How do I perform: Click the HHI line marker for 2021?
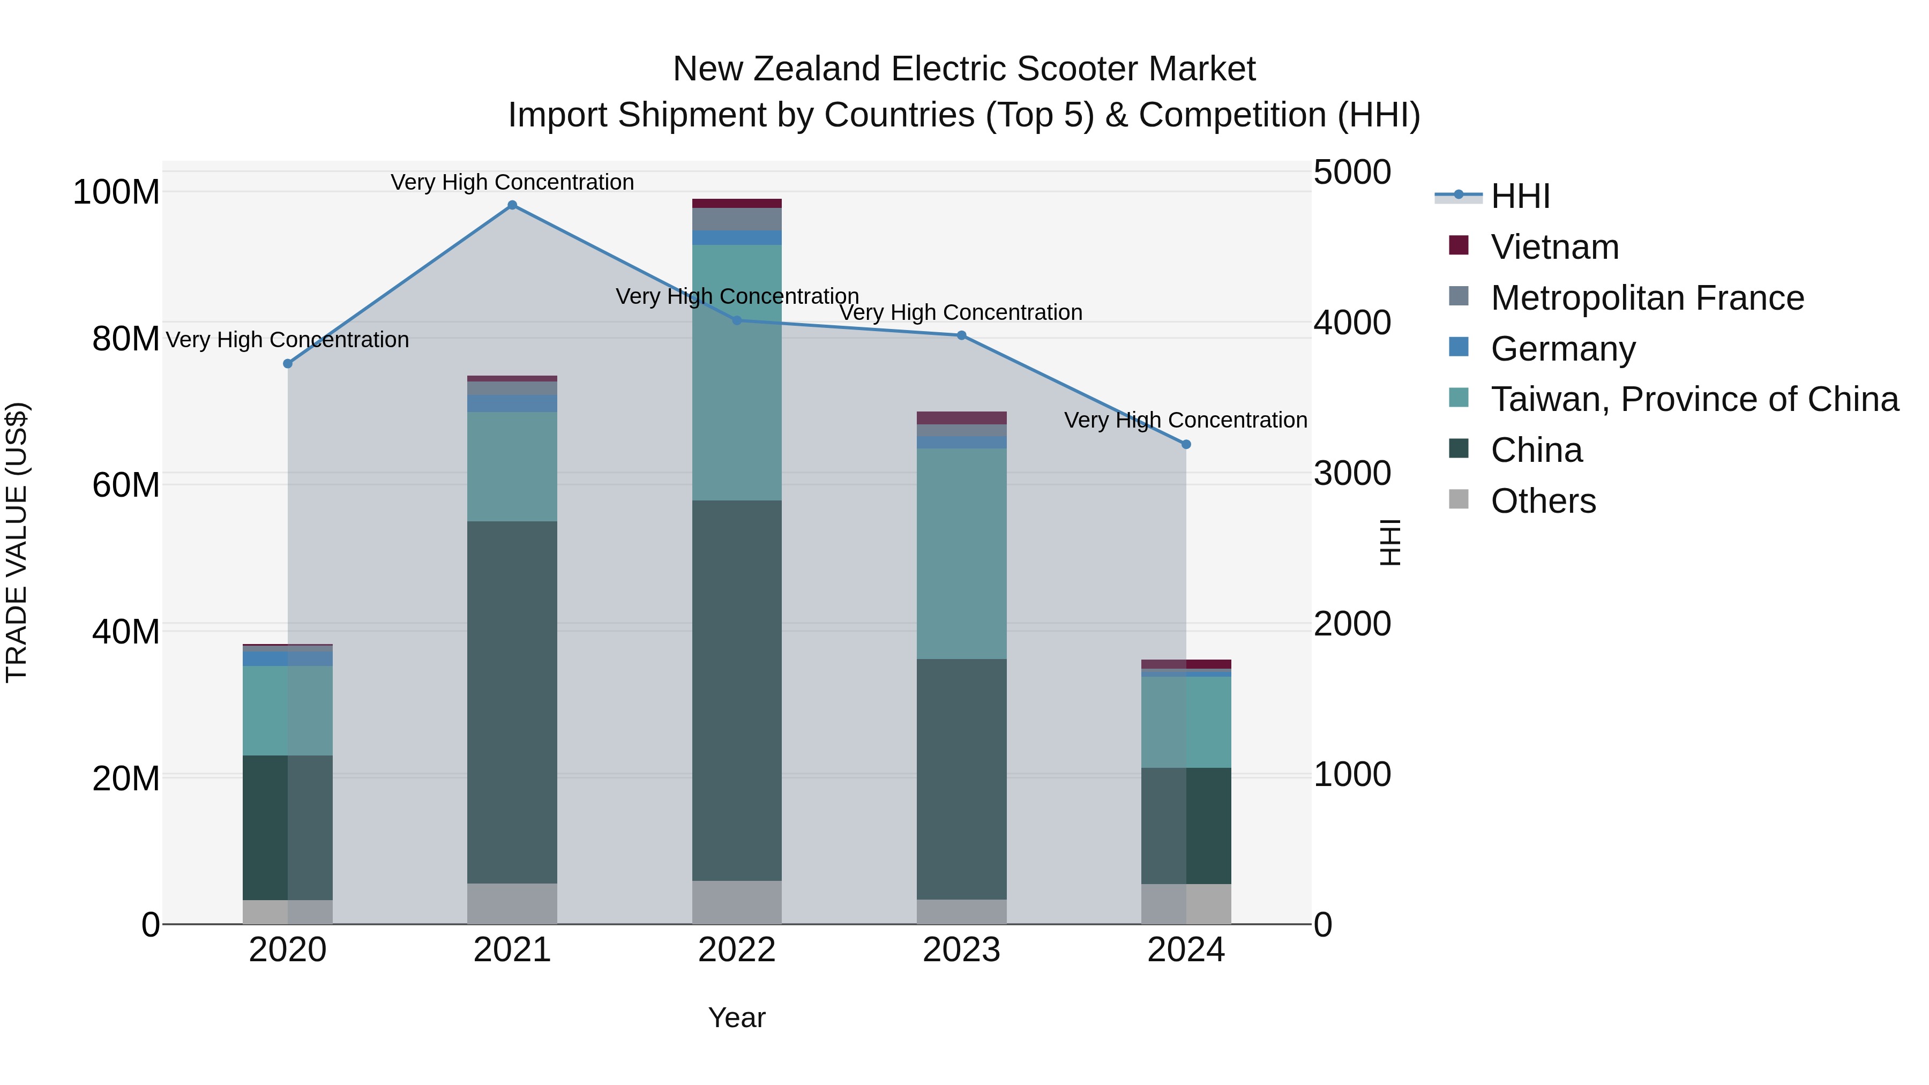512,205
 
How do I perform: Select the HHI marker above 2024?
1186,445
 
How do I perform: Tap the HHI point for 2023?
961,335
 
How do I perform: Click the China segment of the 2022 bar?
737,689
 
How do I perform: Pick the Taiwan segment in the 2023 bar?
961,554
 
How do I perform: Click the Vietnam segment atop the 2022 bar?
737,204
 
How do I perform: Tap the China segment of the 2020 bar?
288,827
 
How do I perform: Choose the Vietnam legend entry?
1554,247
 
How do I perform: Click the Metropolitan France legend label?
1648,298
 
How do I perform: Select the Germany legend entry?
1563,349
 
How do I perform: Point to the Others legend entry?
1543,501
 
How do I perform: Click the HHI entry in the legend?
1520,196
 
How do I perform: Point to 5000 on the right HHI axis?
1352,172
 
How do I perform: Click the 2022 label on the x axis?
737,950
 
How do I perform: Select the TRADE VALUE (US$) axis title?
17,542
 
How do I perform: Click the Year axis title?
737,1017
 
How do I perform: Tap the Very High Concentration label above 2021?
512,182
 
